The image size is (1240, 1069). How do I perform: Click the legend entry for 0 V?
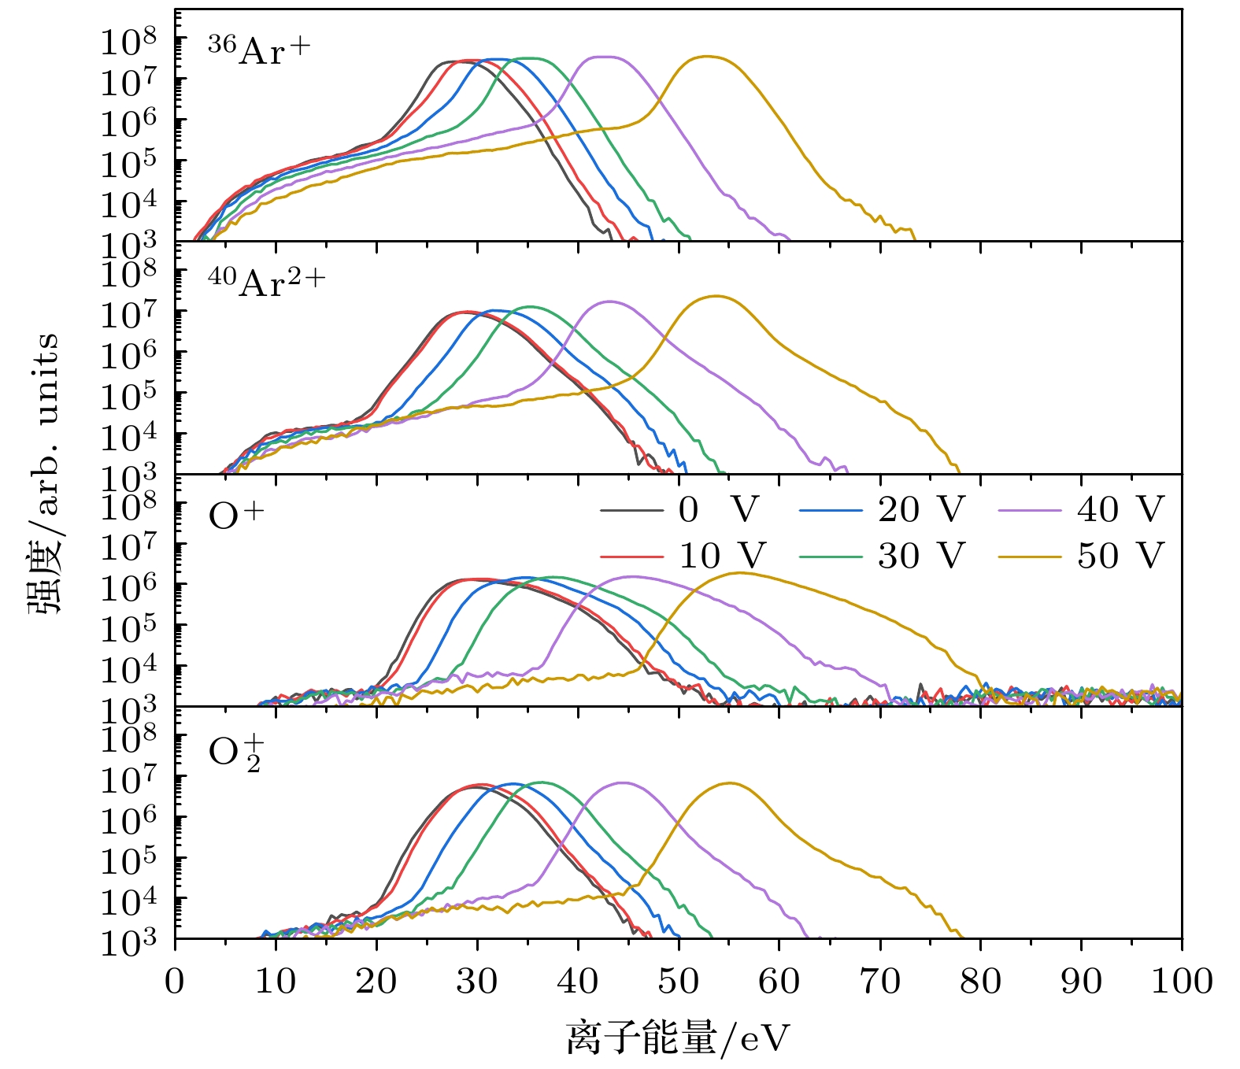coord(717,510)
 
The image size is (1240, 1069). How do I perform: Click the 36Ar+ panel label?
coord(259,50)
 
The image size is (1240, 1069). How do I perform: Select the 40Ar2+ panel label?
coord(266,282)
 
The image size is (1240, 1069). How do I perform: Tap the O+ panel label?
coord(236,516)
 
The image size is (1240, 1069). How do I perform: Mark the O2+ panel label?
coord(235,753)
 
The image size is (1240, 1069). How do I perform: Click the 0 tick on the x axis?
coord(175,982)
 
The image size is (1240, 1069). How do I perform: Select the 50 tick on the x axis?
coord(678,982)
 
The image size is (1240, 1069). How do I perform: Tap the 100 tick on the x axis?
coord(1181,982)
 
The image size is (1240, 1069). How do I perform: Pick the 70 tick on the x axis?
coord(879,982)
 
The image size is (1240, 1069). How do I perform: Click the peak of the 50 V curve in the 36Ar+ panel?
coord(706,57)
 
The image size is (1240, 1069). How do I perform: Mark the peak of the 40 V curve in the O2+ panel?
coord(622,782)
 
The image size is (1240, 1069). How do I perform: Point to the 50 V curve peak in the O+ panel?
coord(740,573)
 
